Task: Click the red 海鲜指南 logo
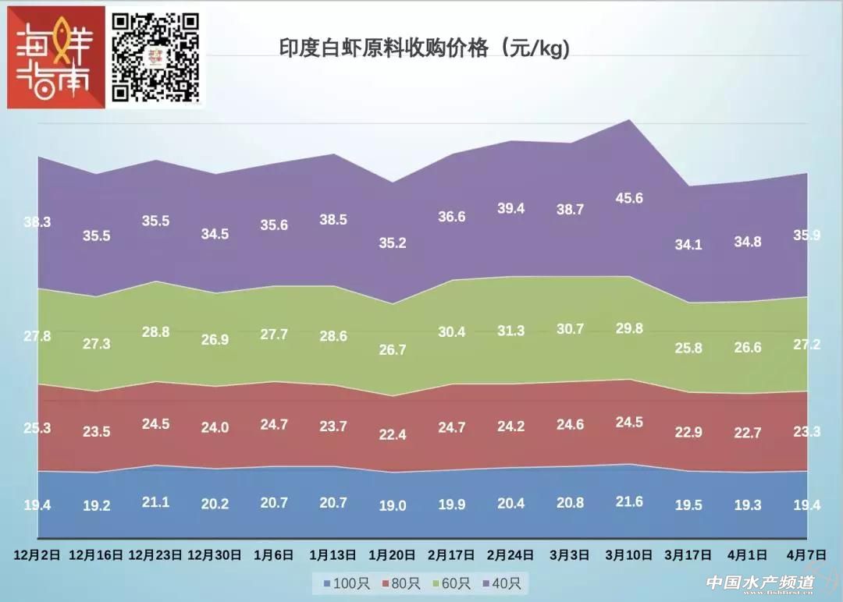pos(55,58)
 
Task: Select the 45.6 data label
pos(629,198)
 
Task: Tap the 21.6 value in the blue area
pos(629,501)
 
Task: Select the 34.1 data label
pos(688,245)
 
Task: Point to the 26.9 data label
pos(214,339)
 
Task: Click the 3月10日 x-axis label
pos(629,555)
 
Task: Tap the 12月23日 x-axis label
pos(155,555)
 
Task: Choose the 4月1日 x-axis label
pos(748,555)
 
